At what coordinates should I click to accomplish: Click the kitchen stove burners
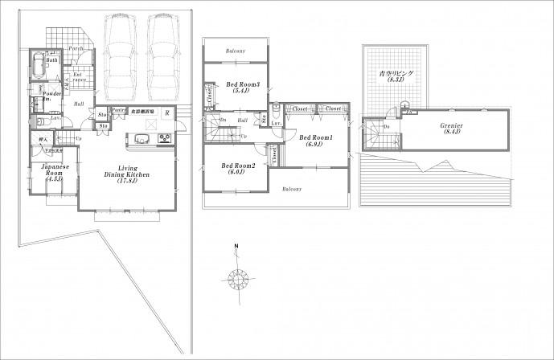click(165, 138)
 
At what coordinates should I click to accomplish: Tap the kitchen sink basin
click(134, 138)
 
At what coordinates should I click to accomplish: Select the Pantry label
click(116, 110)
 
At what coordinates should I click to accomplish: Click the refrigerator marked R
click(166, 112)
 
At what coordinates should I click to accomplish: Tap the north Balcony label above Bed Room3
click(236, 50)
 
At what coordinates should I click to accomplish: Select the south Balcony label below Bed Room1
click(291, 190)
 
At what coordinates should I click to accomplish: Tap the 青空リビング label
click(396, 76)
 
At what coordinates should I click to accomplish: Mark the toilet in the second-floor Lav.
click(277, 112)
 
